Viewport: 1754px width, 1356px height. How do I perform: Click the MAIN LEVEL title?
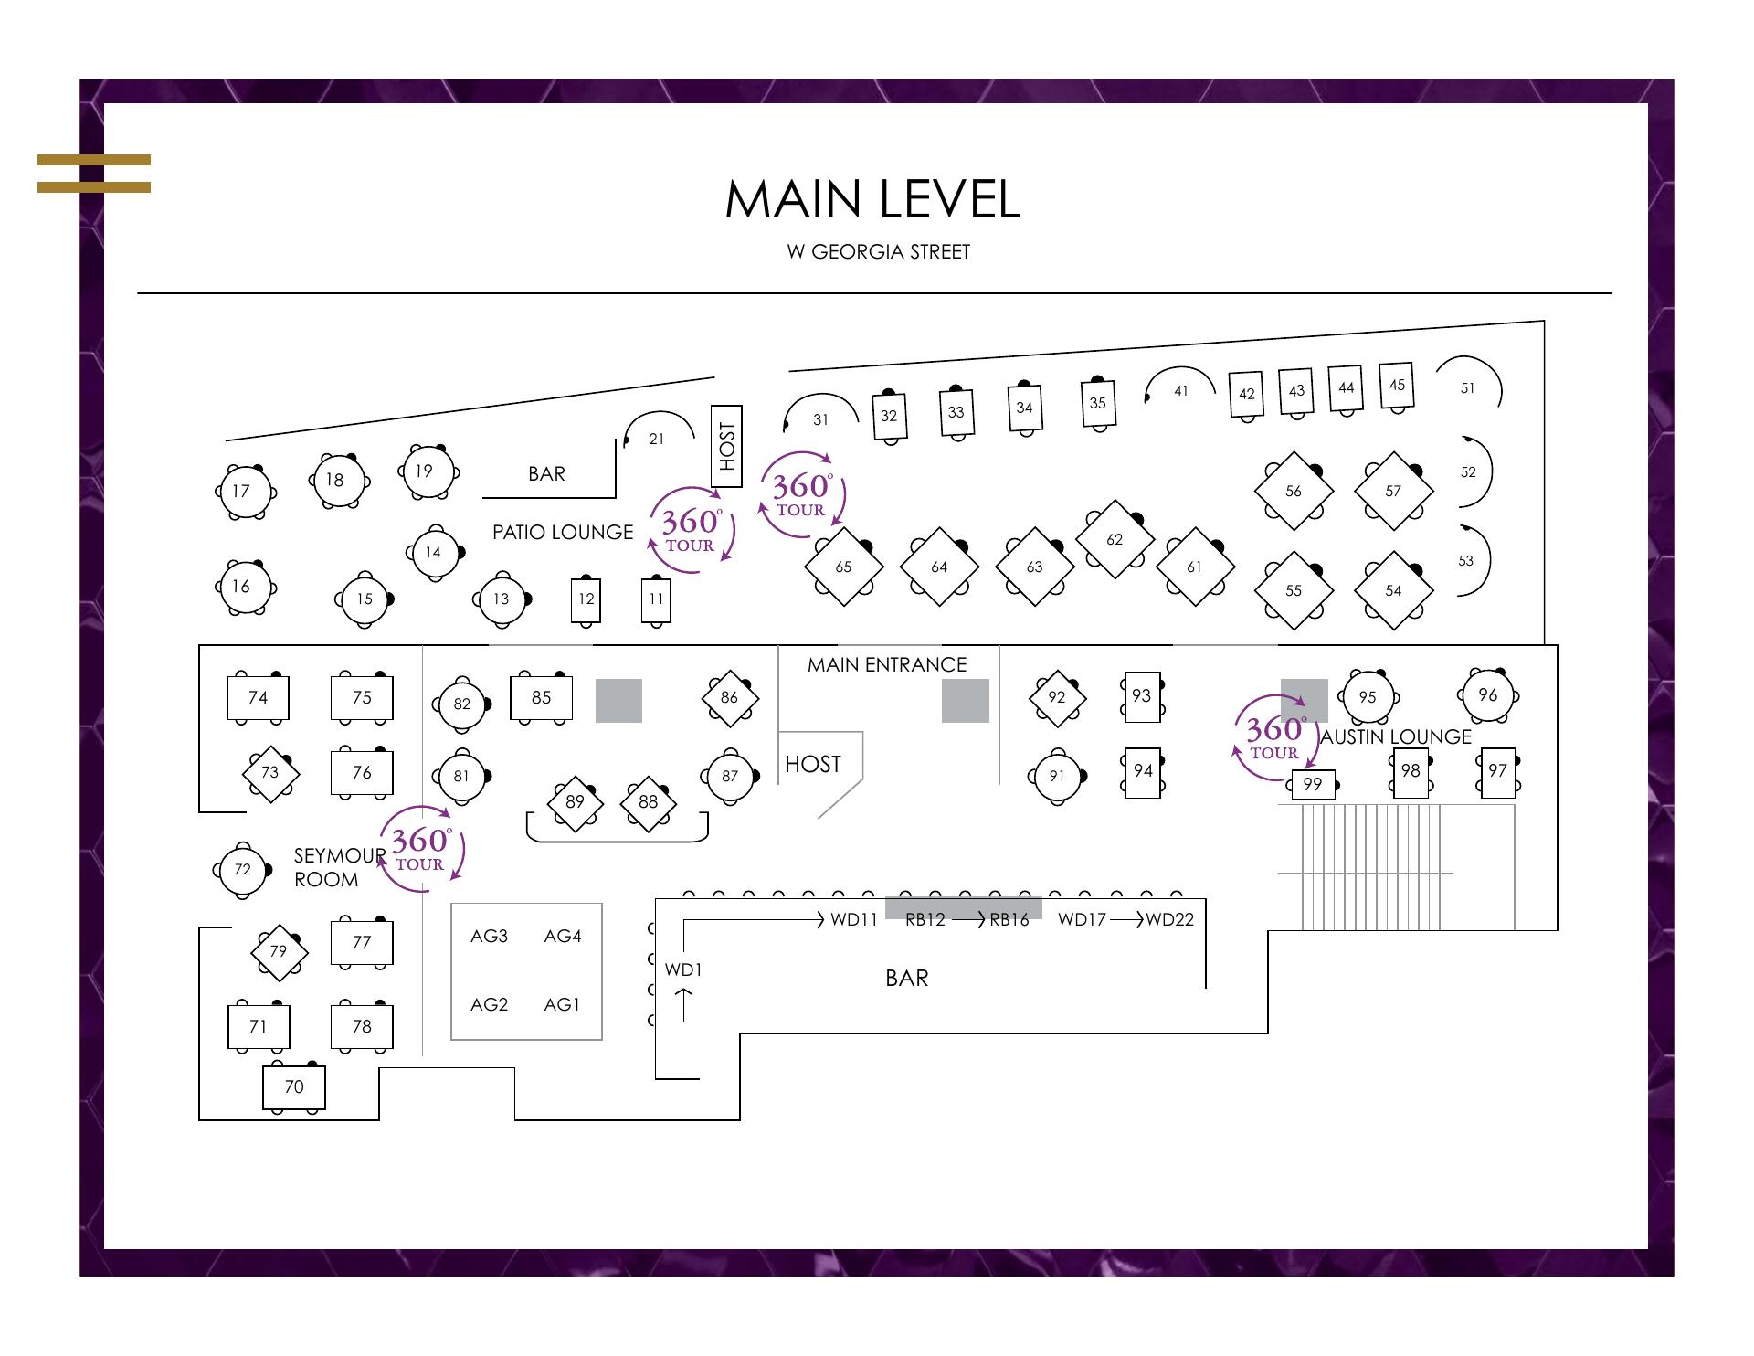[x=872, y=199]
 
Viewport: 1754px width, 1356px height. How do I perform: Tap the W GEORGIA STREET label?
[x=878, y=252]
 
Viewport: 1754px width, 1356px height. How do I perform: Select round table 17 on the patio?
[x=241, y=491]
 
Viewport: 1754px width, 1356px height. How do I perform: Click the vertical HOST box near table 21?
[x=726, y=446]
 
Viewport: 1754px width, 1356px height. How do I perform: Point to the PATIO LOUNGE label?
[x=562, y=532]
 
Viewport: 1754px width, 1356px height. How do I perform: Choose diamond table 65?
[x=843, y=567]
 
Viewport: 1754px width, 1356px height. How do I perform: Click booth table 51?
[x=1467, y=388]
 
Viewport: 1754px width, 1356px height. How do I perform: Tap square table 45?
[x=1397, y=385]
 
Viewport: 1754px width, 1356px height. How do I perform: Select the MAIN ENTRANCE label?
[x=886, y=664]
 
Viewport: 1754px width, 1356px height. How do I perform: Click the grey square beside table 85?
[x=618, y=701]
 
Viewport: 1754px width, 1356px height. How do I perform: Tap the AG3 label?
[x=489, y=936]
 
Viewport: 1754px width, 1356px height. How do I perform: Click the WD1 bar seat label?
[x=682, y=969]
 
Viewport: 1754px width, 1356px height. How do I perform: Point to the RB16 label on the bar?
[x=1009, y=919]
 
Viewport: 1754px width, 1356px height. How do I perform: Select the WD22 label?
[x=1169, y=919]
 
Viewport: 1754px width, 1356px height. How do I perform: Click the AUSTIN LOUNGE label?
[x=1396, y=736]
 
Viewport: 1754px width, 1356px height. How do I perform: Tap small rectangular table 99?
[x=1313, y=784]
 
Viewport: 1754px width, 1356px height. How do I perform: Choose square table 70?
[x=293, y=1086]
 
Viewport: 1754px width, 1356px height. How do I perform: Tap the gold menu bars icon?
[x=94, y=174]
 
